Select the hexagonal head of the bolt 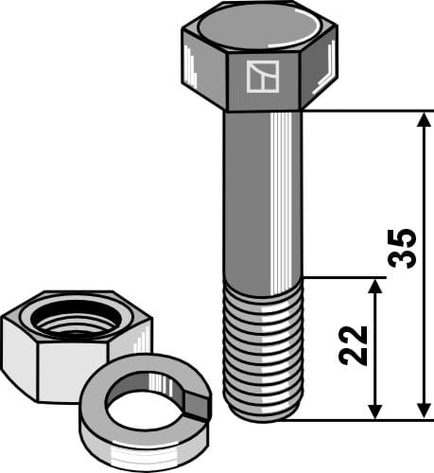click(x=260, y=59)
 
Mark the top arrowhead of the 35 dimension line click(x=422, y=117)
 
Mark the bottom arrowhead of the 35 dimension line click(x=422, y=412)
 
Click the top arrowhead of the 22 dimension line click(x=375, y=285)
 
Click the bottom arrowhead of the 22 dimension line click(x=375, y=412)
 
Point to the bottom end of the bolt click(x=263, y=416)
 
